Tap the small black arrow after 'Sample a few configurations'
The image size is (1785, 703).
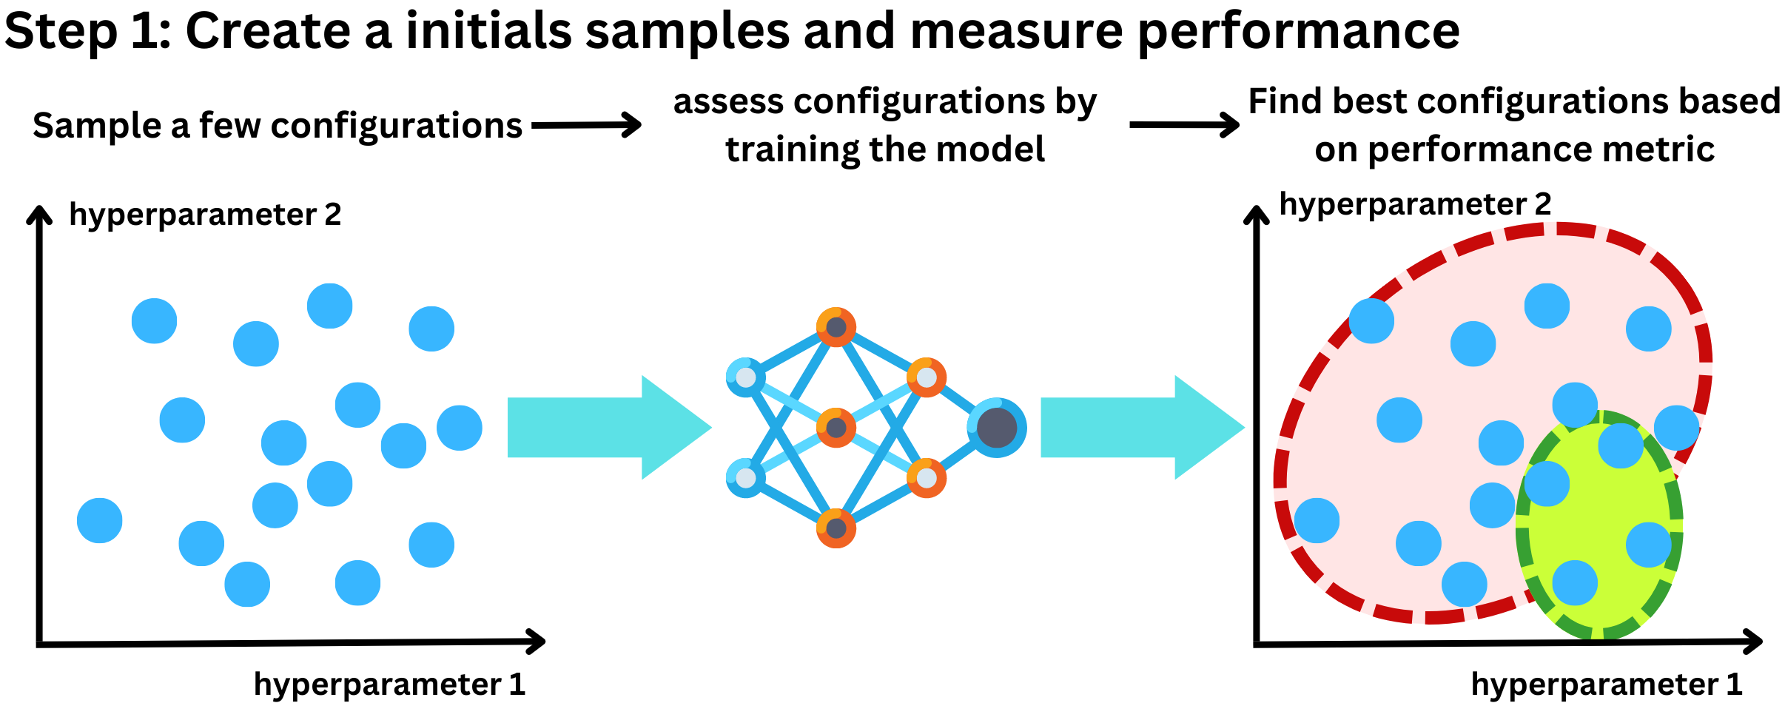click(x=586, y=124)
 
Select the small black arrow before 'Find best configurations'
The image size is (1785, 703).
click(x=1184, y=124)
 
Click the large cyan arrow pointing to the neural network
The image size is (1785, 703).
click(x=609, y=427)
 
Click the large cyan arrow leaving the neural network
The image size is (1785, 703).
click(x=1143, y=427)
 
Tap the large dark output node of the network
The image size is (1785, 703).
click(x=997, y=428)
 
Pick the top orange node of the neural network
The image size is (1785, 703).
click(x=836, y=327)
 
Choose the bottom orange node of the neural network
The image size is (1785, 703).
click(x=836, y=528)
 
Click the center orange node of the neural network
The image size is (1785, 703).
click(x=836, y=428)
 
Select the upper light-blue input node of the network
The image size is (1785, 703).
click(x=746, y=377)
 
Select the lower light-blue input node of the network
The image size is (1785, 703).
click(x=746, y=478)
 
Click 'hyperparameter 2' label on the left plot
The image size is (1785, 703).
click(x=205, y=215)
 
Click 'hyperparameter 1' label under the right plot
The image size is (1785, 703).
click(x=1607, y=684)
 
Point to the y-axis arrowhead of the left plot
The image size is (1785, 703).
click(x=39, y=212)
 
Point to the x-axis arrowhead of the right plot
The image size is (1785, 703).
click(x=1753, y=642)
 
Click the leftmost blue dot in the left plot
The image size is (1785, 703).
click(x=100, y=520)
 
